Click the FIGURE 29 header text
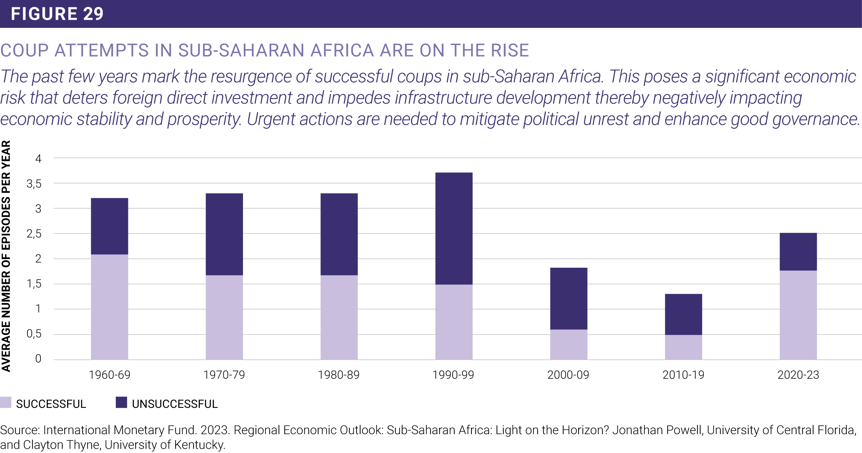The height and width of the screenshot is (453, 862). (57, 14)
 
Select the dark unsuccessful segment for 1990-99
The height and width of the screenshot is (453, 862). (454, 228)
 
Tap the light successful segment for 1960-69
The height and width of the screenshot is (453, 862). (110, 307)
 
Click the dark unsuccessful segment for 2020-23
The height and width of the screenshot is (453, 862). (798, 252)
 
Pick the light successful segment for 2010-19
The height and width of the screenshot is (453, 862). (683, 347)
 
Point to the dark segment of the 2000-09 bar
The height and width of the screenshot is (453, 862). (568, 298)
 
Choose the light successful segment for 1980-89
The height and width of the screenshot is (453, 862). (339, 317)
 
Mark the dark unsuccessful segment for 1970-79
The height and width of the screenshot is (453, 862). (224, 234)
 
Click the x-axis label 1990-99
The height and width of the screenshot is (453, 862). (453, 375)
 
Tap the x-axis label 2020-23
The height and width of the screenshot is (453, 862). (798, 375)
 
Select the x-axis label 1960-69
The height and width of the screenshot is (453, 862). (110, 375)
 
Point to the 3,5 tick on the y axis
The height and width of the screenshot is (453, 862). (34, 184)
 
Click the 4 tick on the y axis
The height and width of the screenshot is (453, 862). (38, 159)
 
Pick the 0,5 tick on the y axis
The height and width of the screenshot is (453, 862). (34, 334)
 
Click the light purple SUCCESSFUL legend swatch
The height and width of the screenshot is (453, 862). (6, 402)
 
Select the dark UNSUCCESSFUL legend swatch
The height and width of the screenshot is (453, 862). (121, 402)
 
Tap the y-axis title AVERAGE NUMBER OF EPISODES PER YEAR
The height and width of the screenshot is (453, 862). (6, 256)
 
